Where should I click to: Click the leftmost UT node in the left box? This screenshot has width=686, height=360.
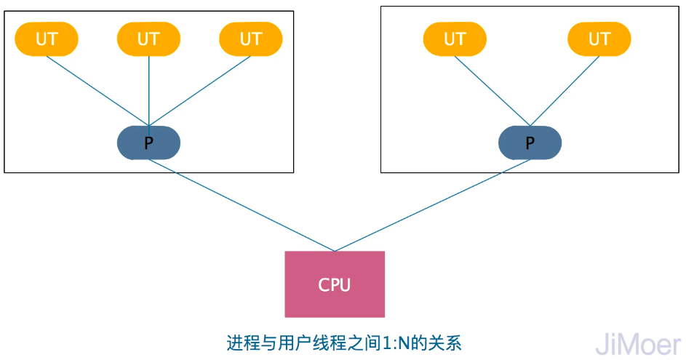[47, 39]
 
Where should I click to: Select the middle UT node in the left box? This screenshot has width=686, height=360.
[148, 39]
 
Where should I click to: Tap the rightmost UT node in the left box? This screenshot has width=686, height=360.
[250, 39]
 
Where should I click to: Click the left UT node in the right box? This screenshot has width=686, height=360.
[455, 39]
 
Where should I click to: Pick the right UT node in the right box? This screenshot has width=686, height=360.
[599, 39]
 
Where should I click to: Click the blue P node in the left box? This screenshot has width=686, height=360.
[148, 143]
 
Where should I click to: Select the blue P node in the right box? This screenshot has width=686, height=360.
[530, 143]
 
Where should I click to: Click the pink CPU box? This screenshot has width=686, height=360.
[335, 284]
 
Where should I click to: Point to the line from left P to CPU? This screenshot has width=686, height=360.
[242, 205]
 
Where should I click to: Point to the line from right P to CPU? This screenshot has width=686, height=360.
[432, 205]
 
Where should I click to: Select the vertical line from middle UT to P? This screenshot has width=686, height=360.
[148, 91]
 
